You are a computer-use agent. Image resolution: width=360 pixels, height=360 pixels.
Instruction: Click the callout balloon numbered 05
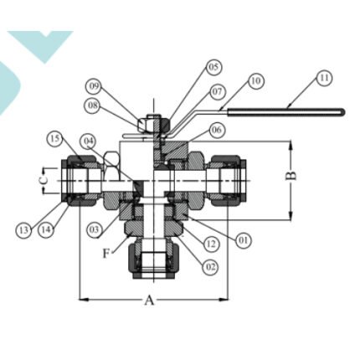[213, 68]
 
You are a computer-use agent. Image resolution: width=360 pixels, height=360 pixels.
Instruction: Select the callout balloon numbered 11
[324, 78]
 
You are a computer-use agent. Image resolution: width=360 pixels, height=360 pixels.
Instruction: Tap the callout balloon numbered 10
[255, 81]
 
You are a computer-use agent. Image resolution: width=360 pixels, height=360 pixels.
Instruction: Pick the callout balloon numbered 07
[217, 92]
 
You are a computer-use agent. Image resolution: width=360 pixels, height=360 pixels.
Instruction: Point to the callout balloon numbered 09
[94, 86]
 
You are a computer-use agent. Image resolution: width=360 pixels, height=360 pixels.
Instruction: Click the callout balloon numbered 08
[93, 105]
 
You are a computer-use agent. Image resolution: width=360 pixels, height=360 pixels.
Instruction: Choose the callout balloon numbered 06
[217, 130]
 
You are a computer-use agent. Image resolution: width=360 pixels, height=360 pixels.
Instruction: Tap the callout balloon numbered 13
[23, 230]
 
